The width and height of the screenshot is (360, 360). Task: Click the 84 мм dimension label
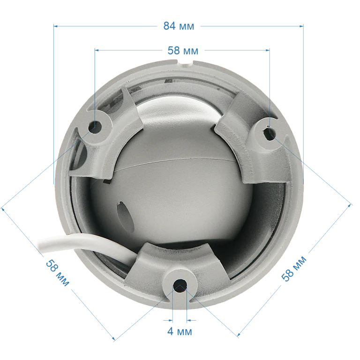pos(179,26)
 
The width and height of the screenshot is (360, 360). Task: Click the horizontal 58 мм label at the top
pos(183,51)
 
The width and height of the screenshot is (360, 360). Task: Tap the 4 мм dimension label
pos(180,331)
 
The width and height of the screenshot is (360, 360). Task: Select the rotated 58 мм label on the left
pos(57,272)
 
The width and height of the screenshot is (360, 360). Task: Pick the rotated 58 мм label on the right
pos(294,269)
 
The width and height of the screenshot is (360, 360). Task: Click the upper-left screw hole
pos(95,127)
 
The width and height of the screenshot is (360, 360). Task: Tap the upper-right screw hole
pos(269,133)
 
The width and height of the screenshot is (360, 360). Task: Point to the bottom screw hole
pos(180,286)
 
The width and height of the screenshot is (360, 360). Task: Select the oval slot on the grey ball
pos(125,217)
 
